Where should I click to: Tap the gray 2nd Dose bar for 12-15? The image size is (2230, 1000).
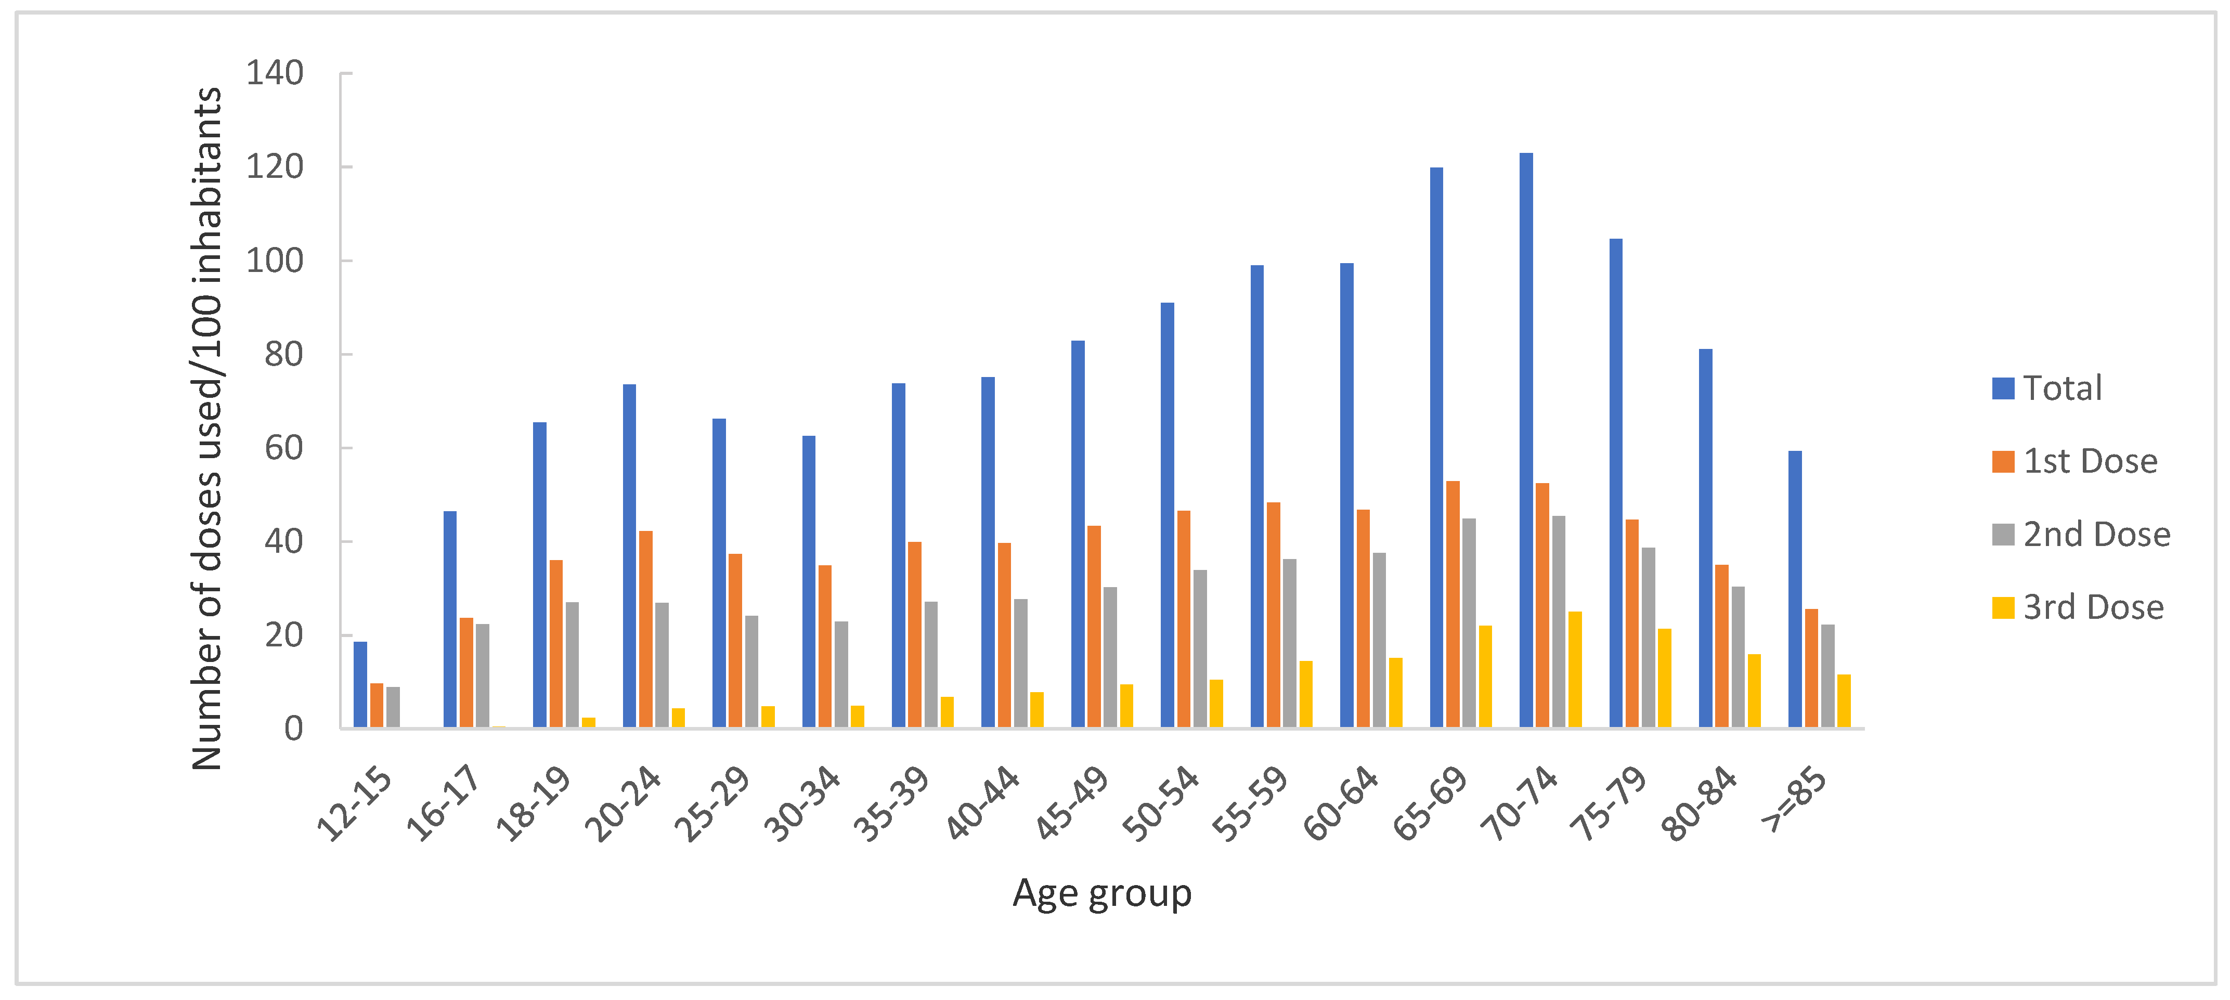tap(393, 707)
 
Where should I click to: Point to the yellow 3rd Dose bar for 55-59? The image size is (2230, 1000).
tap(1305, 694)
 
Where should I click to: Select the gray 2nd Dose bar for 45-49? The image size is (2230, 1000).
tap(1110, 657)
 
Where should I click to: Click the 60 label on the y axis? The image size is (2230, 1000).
tap(284, 448)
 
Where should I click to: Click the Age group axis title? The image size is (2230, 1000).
tap(1102, 893)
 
